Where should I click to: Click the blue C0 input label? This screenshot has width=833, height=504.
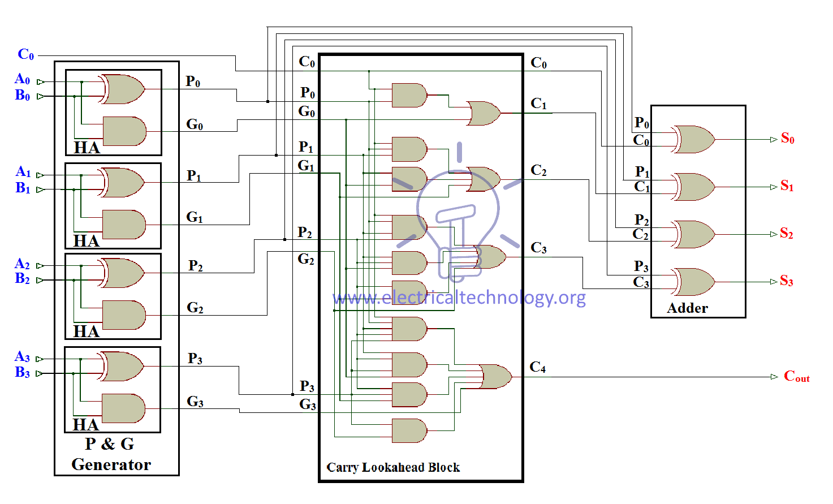[26, 54]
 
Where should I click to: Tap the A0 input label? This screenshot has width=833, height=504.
[23, 79]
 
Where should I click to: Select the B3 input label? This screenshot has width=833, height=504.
[23, 372]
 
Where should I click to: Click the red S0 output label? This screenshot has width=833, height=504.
[787, 139]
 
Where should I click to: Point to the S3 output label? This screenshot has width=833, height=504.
[786, 281]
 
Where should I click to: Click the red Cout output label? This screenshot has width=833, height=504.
[796, 377]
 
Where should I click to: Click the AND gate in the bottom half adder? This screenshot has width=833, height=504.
[123, 408]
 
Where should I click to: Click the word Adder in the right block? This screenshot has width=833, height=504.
[687, 308]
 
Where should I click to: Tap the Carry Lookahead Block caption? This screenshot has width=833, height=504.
[393, 467]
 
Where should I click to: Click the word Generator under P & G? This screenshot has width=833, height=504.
[111, 465]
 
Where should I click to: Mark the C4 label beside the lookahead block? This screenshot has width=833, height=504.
[537, 368]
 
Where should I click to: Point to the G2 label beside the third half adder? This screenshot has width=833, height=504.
[195, 308]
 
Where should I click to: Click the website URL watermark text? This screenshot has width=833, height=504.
[459, 298]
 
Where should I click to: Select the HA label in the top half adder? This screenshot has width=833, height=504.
[87, 148]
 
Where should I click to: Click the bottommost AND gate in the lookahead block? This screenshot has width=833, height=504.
[409, 431]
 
